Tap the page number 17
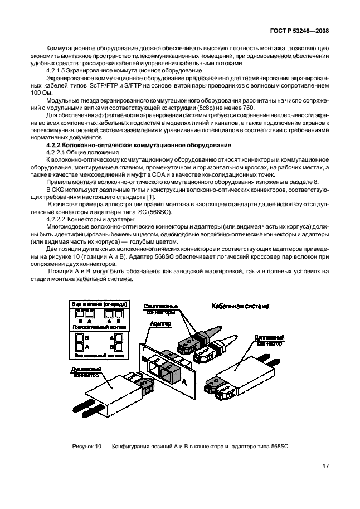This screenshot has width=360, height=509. click(325, 467)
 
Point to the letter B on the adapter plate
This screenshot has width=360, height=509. click(145, 344)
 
